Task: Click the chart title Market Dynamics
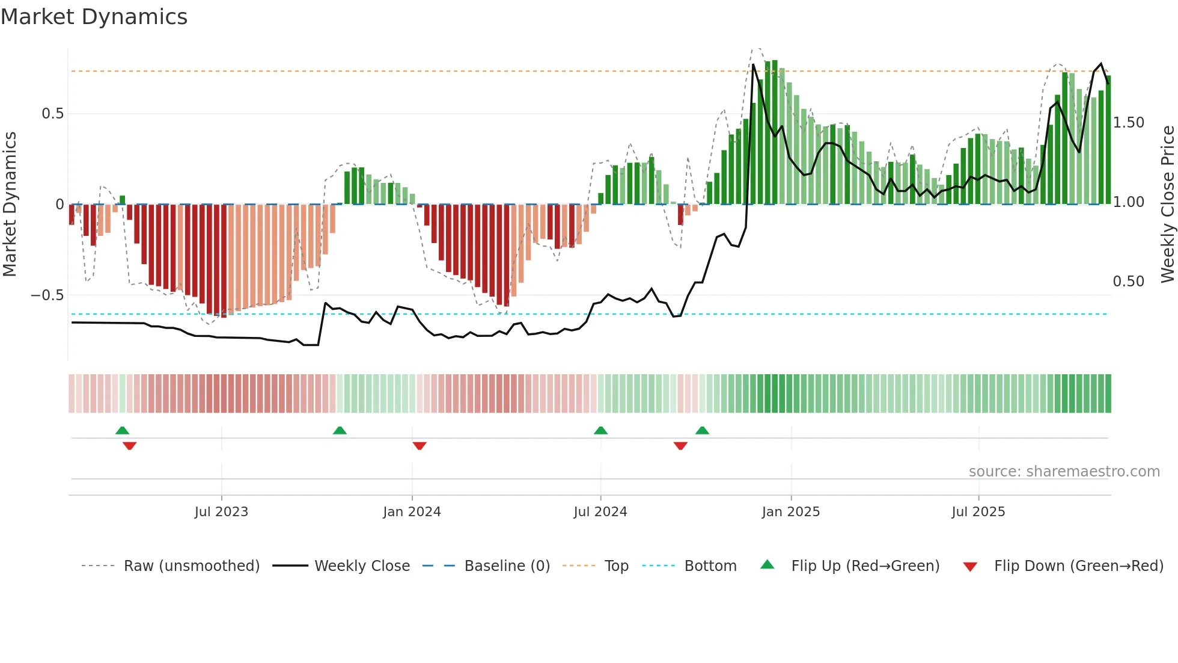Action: coord(94,17)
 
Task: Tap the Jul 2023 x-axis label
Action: coord(221,512)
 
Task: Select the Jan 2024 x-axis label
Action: coord(412,512)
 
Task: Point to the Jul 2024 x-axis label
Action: coord(600,512)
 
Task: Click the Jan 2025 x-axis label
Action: coord(790,512)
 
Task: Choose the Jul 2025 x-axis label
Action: coord(978,512)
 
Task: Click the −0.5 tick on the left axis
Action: coord(47,295)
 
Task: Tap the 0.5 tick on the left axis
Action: coord(52,114)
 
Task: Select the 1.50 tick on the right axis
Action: coord(1128,123)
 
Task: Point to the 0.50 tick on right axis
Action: coord(1128,282)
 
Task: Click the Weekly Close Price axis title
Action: coord(1167,204)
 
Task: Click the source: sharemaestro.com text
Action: coord(1064,472)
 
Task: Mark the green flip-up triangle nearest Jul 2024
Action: coord(600,430)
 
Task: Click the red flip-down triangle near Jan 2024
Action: coord(420,446)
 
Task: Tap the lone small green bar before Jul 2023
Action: coord(123,200)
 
